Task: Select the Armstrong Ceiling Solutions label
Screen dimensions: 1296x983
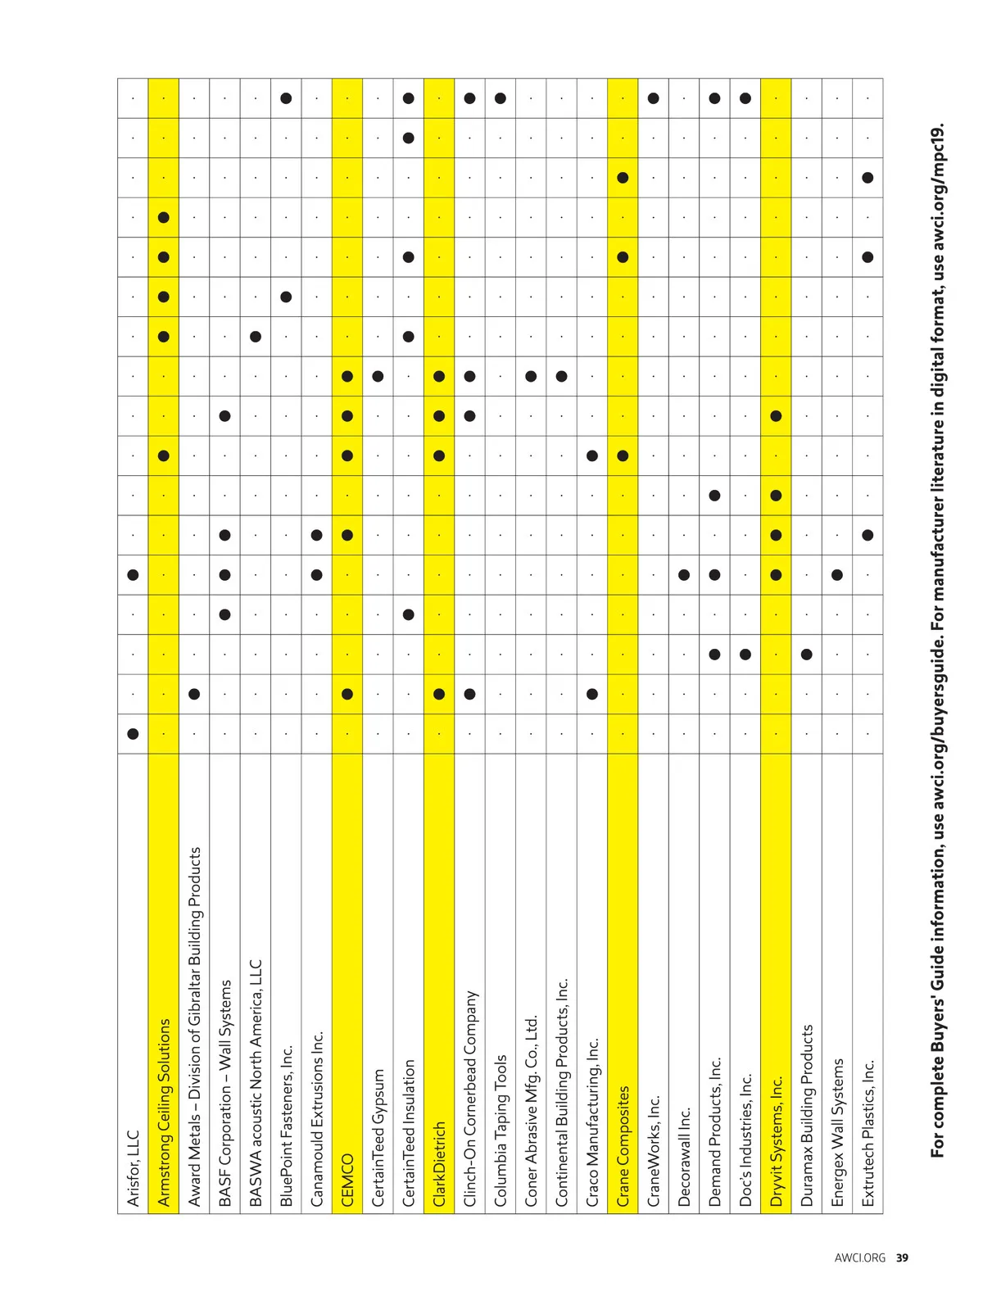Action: [164, 1112]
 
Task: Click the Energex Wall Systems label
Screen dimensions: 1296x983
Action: [837, 1132]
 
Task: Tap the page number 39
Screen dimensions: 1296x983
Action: [902, 1257]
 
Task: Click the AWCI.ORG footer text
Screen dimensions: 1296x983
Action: [859, 1257]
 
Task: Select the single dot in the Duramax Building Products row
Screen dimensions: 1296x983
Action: [807, 655]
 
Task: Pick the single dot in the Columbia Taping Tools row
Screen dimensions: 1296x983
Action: [501, 98]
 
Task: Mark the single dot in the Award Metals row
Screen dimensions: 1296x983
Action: [194, 694]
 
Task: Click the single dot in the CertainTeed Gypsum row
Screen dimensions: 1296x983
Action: [378, 376]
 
